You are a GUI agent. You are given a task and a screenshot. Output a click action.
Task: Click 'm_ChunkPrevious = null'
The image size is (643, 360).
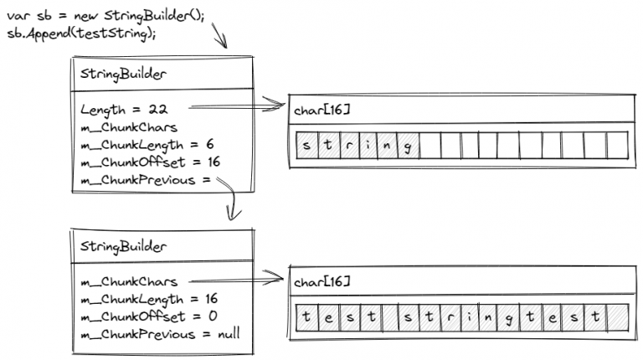point(159,334)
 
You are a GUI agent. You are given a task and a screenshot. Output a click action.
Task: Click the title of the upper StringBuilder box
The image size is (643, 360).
point(123,74)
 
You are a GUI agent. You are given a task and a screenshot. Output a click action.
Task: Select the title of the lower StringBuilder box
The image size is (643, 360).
point(123,246)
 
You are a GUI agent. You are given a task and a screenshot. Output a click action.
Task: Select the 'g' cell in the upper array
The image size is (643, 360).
point(408,146)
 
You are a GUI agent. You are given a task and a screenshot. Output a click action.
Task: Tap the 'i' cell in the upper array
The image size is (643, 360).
point(367,146)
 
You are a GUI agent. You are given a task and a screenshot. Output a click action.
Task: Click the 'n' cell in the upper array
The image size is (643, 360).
point(387,146)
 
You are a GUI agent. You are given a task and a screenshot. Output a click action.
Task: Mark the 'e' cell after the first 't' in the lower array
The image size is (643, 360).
point(327,318)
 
